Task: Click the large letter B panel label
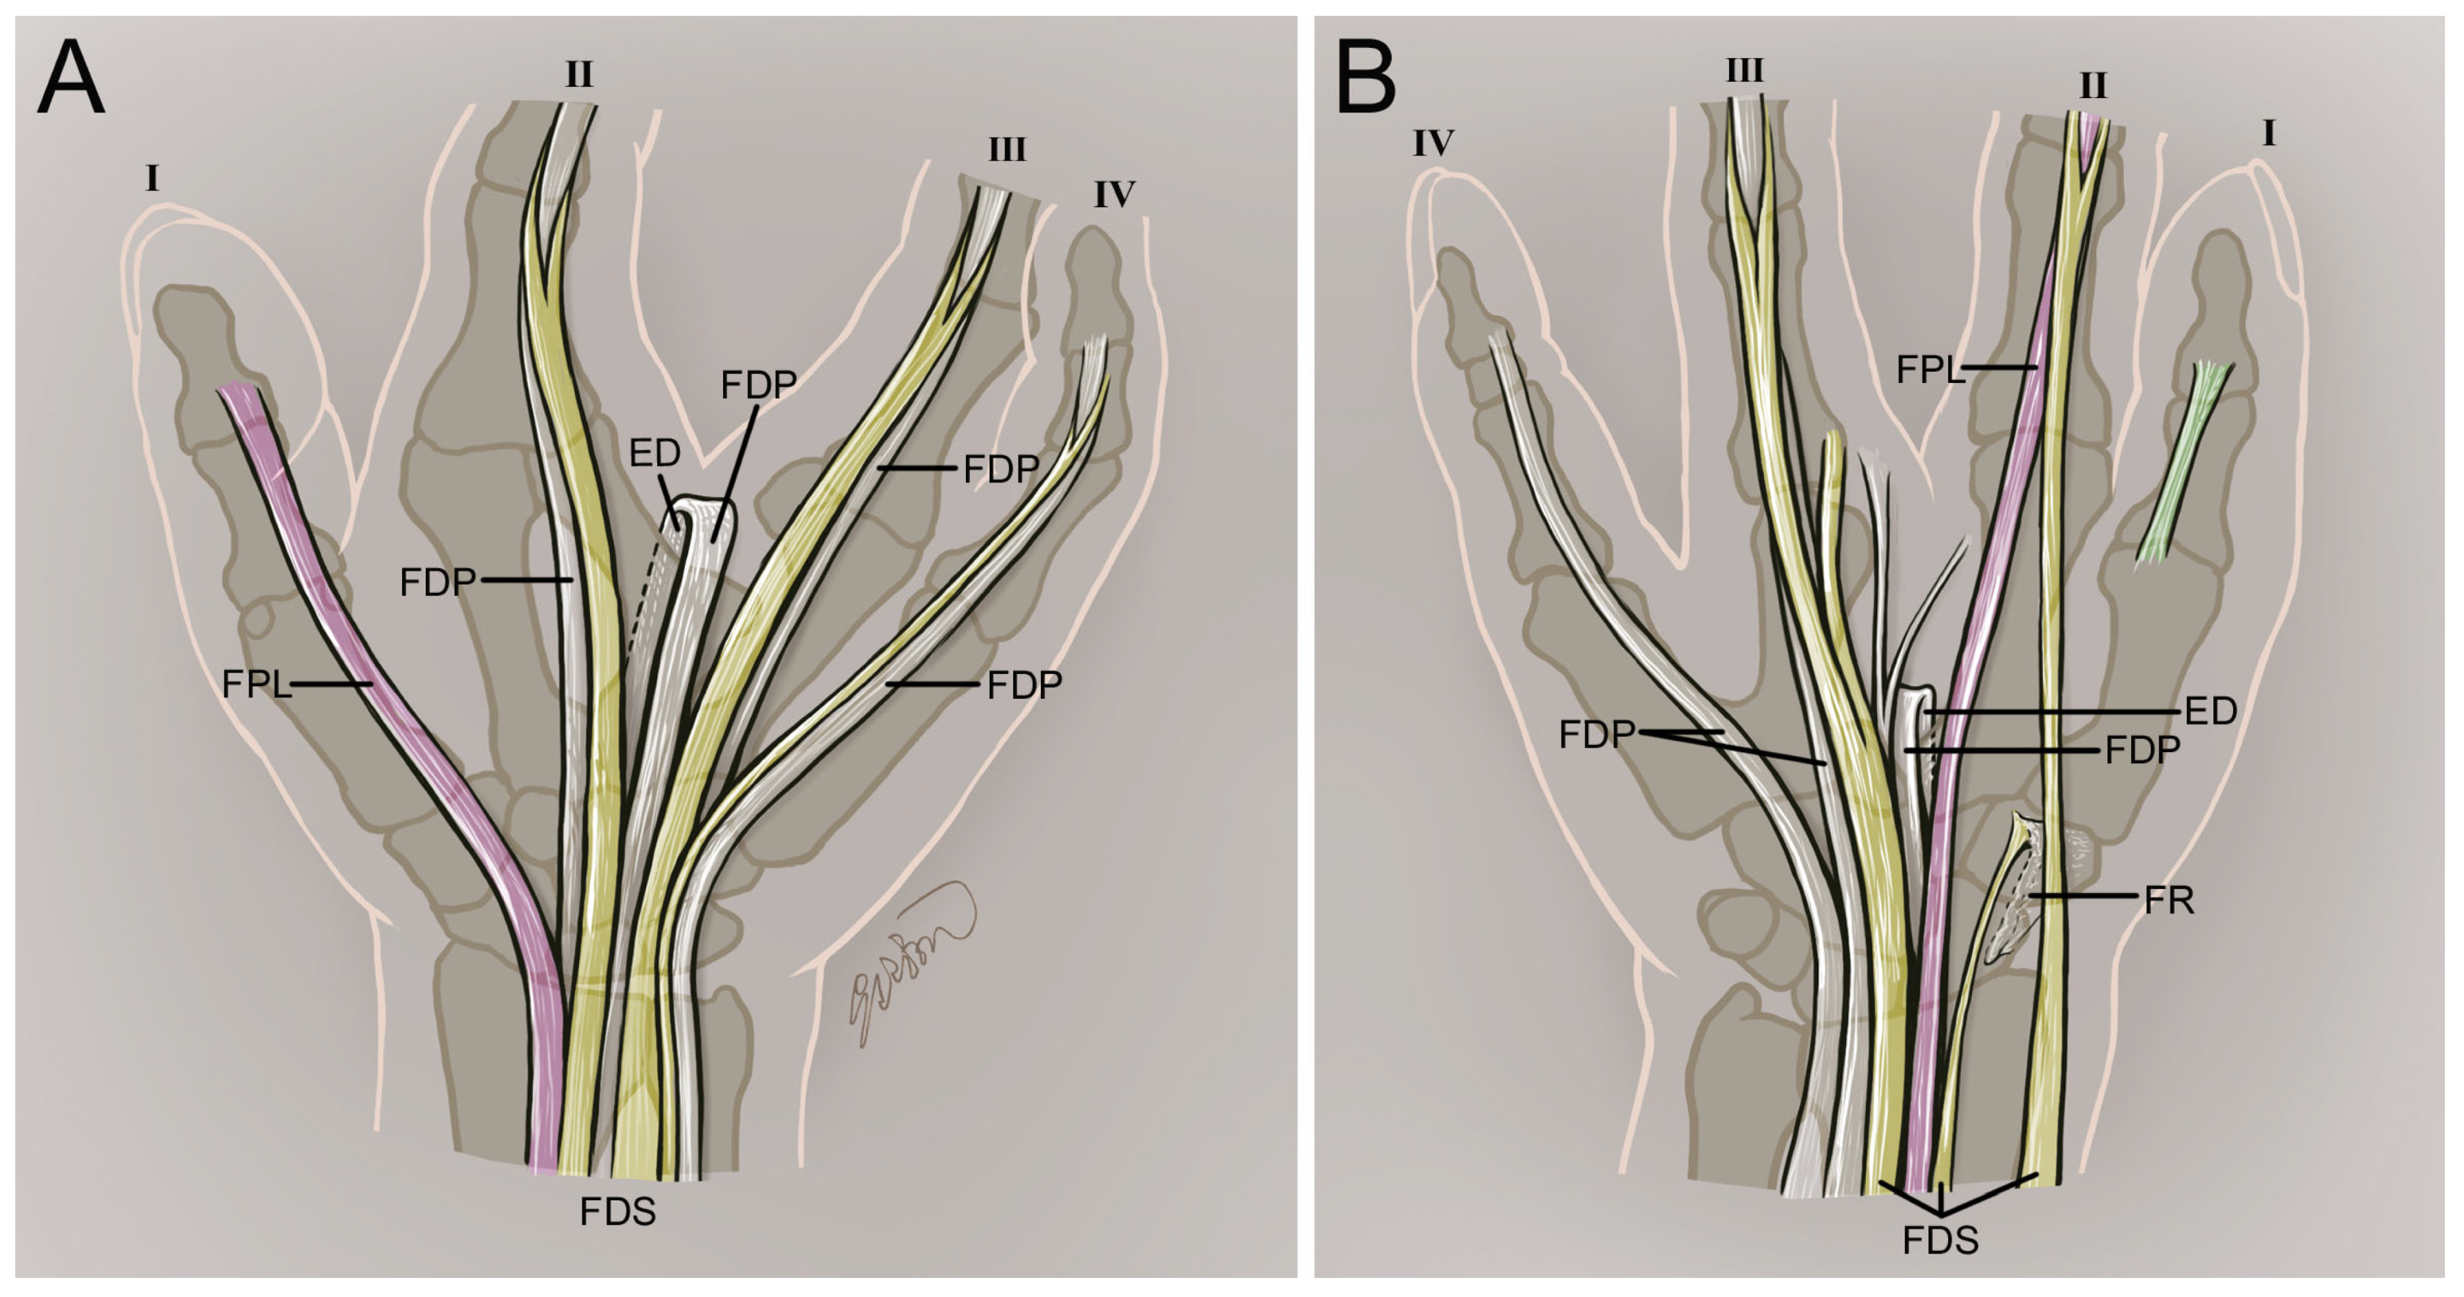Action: pos(1365,80)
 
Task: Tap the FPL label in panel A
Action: pos(255,685)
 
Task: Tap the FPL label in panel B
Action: pos(1929,369)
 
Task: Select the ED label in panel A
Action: pos(654,453)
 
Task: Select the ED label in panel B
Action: pos(2211,711)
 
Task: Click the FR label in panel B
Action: pos(2169,900)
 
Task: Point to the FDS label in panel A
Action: pos(618,1213)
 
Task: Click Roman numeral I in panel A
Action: pos(152,179)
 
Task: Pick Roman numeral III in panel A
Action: pos(1006,150)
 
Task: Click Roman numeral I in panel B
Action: pos(2268,135)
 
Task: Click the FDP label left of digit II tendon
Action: pos(437,582)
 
